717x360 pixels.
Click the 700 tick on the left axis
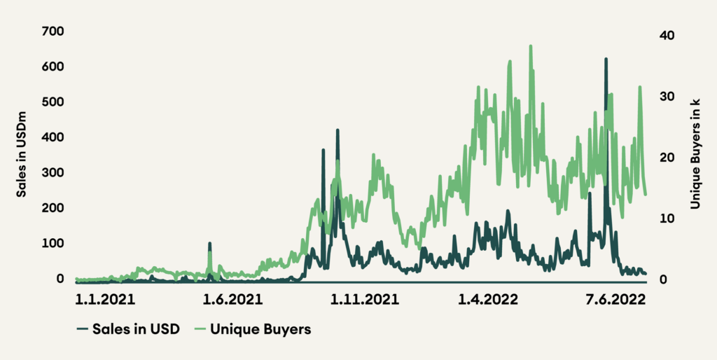[53, 32]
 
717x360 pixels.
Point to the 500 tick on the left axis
[53, 102]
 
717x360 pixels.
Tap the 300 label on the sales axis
[53, 173]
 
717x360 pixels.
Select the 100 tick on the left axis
[53, 243]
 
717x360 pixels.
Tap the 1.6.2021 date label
[232, 300]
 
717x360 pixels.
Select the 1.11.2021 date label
[365, 300]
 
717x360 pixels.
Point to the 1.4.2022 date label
[488, 300]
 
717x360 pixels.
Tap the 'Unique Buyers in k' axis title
[695, 153]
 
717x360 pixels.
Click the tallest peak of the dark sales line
[606, 60]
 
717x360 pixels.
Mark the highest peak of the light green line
[531, 46]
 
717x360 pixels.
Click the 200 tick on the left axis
[53, 208]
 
